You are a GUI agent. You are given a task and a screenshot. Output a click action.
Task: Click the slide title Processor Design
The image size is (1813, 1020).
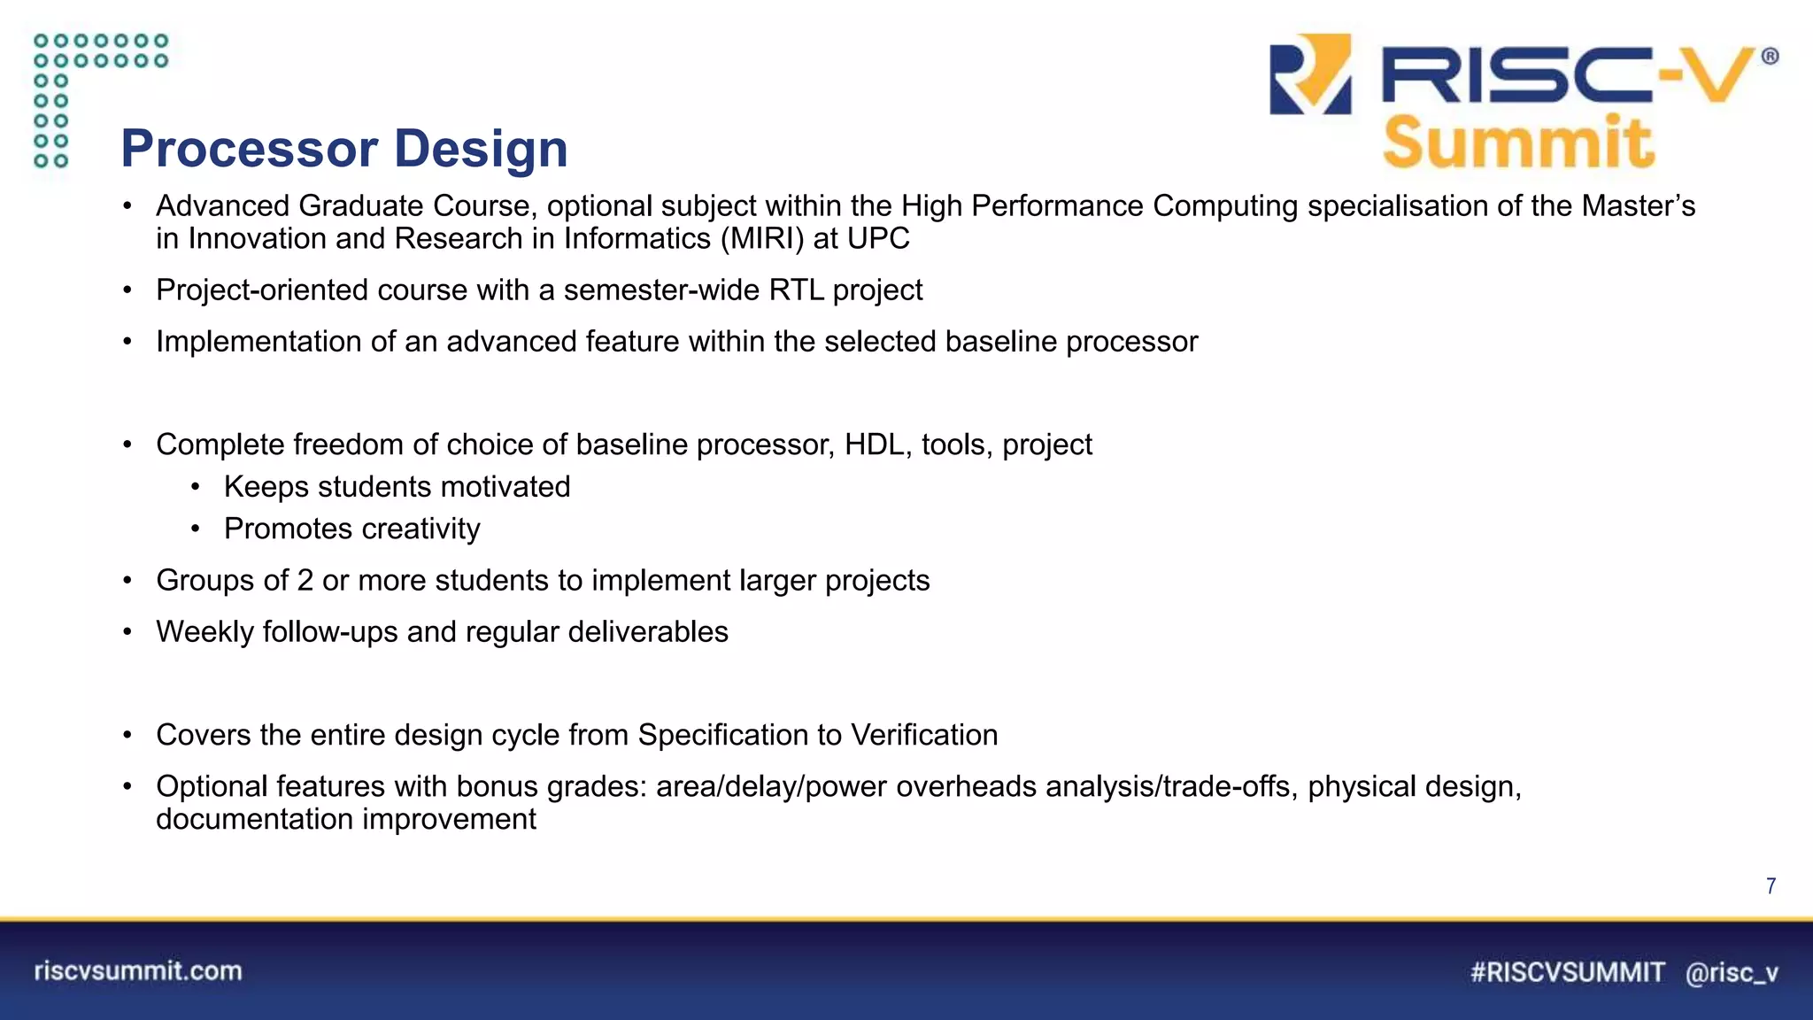(x=343, y=148)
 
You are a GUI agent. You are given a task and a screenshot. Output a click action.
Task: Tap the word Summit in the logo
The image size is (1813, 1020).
(x=1517, y=143)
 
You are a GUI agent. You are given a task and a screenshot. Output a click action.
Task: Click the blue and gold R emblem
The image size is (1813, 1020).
(x=1310, y=74)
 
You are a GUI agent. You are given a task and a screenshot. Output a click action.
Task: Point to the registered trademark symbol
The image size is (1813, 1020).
(x=1770, y=57)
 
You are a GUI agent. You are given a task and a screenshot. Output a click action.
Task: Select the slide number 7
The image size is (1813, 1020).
(x=1771, y=886)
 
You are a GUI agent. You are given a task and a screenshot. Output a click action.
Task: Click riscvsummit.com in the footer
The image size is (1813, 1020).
(x=138, y=971)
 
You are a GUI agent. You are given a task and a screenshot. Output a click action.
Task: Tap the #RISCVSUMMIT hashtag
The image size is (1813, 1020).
(x=1567, y=972)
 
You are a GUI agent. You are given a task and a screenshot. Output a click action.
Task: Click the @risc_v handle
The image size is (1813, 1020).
(x=1732, y=973)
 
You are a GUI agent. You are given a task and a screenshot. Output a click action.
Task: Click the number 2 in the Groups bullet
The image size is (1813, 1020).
(x=305, y=581)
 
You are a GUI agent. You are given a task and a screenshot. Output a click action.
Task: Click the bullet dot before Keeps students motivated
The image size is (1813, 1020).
(x=196, y=487)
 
